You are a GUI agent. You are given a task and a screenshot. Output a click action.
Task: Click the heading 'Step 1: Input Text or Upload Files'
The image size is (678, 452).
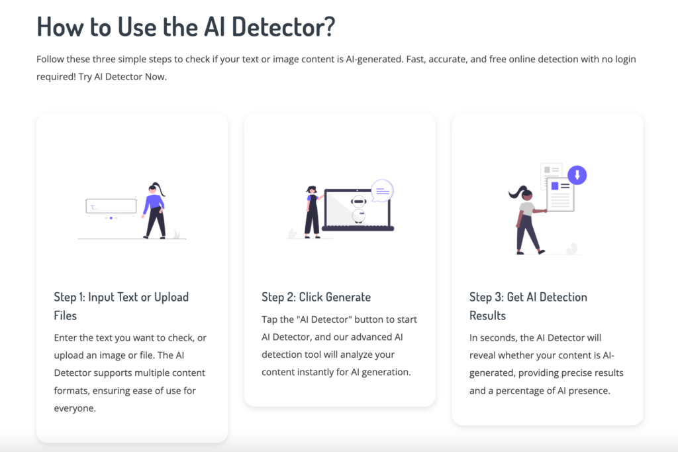click(x=121, y=306)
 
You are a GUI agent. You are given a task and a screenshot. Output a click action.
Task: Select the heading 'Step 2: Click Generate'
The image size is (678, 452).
click(x=316, y=297)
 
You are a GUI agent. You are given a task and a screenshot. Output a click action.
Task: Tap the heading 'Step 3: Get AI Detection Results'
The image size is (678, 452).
click(x=528, y=306)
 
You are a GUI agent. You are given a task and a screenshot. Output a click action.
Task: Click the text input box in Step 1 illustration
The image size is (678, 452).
click(x=111, y=206)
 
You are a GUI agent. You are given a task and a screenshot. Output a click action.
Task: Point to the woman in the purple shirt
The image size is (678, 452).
click(x=154, y=210)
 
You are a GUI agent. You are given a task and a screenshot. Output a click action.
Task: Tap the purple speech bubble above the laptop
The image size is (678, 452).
click(x=382, y=191)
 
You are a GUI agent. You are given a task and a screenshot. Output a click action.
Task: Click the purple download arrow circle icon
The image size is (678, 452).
click(x=577, y=175)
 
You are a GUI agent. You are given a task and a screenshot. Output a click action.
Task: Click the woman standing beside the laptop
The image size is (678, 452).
click(x=312, y=211)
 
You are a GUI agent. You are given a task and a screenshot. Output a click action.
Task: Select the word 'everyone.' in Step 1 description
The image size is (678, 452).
click(x=75, y=408)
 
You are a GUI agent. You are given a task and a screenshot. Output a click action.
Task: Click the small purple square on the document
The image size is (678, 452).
click(x=555, y=186)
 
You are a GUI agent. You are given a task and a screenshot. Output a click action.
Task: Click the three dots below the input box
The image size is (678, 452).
click(x=111, y=217)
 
